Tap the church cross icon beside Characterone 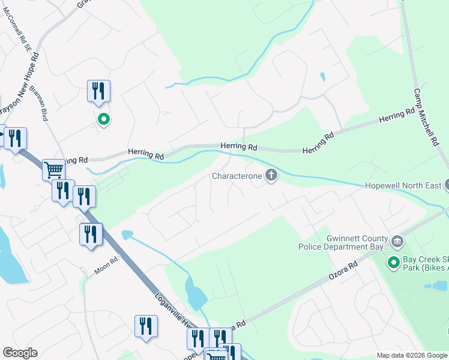pyautogui.click(x=271, y=176)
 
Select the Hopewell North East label pyautogui.click(x=403, y=185)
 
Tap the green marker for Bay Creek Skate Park pyautogui.click(x=394, y=263)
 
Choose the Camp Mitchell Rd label pyautogui.click(x=426, y=119)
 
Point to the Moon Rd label pyautogui.click(x=105, y=265)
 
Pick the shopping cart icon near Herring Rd pyautogui.click(x=53, y=169)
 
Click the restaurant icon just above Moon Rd pyautogui.click(x=91, y=233)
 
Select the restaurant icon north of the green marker pyautogui.click(x=98, y=91)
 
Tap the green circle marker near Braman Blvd pyautogui.click(x=104, y=119)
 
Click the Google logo pyautogui.click(x=20, y=353)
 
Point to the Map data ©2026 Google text pyautogui.click(x=411, y=355)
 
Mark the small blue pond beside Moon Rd pyautogui.click(x=127, y=234)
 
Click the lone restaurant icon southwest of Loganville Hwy pyautogui.click(x=145, y=326)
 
